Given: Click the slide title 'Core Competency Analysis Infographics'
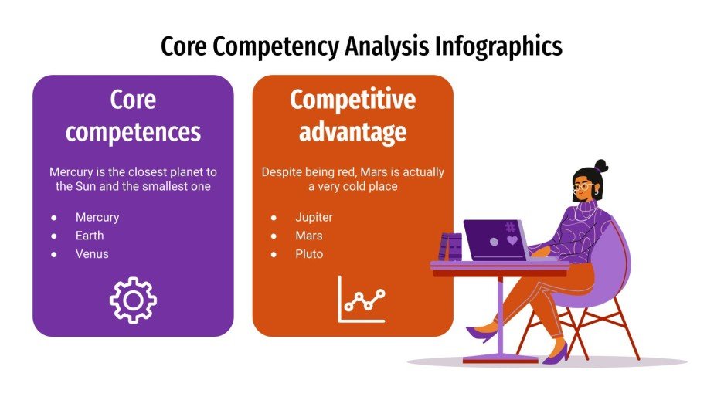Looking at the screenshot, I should click(362, 47).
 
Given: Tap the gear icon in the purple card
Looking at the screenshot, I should click(133, 300).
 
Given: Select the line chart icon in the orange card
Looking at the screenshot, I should click(361, 300).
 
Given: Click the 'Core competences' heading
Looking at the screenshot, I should click(133, 116).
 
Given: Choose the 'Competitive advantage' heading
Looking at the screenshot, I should click(352, 116).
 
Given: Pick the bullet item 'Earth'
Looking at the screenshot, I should click(90, 236).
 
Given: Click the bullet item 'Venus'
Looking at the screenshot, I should click(92, 254).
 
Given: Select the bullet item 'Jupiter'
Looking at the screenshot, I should click(314, 217).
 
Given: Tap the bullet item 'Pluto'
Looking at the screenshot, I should click(309, 254).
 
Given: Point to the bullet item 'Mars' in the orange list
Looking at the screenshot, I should click(308, 236).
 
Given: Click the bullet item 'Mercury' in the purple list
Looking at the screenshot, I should click(97, 217).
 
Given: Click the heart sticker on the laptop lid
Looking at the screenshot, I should click(512, 241).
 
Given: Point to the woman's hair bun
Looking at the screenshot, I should click(601, 165).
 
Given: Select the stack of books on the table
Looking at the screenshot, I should click(450, 247).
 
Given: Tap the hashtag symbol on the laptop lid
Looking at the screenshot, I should click(510, 227).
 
